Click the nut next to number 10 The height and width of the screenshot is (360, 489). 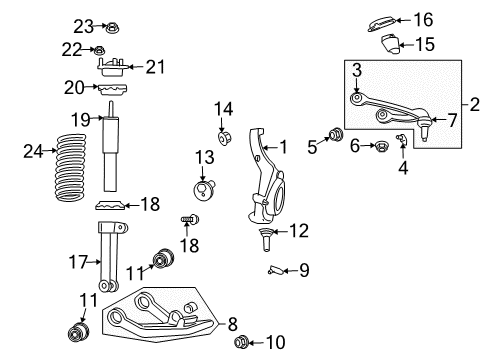[x=241, y=344]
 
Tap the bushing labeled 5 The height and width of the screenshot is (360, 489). [x=337, y=135]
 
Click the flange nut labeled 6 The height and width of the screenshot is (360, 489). [x=380, y=147]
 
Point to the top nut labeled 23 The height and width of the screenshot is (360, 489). [x=112, y=25]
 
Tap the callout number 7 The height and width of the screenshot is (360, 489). [x=452, y=120]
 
